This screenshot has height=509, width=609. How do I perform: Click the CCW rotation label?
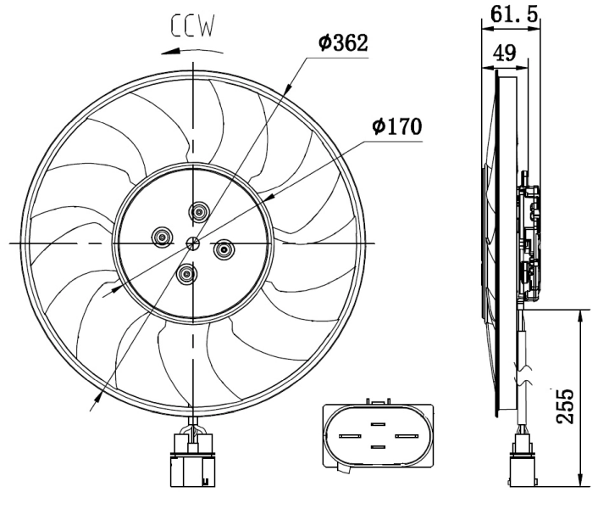194,27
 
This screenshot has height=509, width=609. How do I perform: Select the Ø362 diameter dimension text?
343,43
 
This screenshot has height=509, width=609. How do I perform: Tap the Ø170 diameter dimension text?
396,126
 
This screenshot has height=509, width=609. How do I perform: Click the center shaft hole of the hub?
193,244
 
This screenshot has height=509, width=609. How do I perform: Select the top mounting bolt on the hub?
201,211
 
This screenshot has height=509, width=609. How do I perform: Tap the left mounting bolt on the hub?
161,237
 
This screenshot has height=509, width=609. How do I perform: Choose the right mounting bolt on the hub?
224,249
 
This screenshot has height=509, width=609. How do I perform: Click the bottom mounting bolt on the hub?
186,273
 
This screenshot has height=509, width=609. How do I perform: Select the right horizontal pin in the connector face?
404,436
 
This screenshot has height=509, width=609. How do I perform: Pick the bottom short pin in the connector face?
377,446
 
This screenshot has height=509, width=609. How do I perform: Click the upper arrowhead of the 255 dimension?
580,314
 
